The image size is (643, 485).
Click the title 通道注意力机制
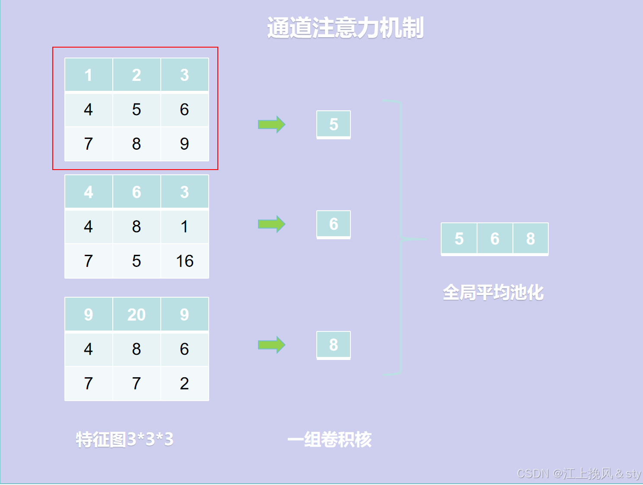pyautogui.click(x=345, y=28)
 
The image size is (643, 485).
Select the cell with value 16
pyautogui.click(x=185, y=261)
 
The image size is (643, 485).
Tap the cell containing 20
pyautogui.click(x=137, y=315)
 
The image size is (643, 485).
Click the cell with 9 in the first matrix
pyautogui.click(x=185, y=144)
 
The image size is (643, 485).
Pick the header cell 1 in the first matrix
pyautogui.click(x=89, y=75)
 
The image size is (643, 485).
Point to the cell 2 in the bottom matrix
pyautogui.click(x=185, y=383)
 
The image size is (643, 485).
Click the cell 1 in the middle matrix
pyautogui.click(x=185, y=227)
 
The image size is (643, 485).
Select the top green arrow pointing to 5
pyautogui.click(x=271, y=125)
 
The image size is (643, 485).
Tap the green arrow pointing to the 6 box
pyautogui.click(x=271, y=224)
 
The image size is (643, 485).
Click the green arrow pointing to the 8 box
pyautogui.click(x=271, y=345)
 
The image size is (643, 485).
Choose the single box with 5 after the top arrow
pyautogui.click(x=334, y=125)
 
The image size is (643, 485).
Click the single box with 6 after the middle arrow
pyautogui.click(x=334, y=224)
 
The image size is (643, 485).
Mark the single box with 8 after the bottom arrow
pyautogui.click(x=334, y=345)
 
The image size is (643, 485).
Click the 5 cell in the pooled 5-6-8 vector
pyautogui.click(x=459, y=238)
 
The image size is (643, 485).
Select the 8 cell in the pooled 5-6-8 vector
pyautogui.click(x=531, y=238)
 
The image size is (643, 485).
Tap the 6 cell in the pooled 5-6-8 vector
pyautogui.click(x=495, y=238)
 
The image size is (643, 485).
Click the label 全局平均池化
pyautogui.click(x=493, y=292)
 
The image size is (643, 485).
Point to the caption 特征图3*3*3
pyautogui.click(x=124, y=440)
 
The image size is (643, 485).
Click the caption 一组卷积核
pyautogui.click(x=329, y=440)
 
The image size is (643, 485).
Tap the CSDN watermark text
pyautogui.click(x=579, y=474)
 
